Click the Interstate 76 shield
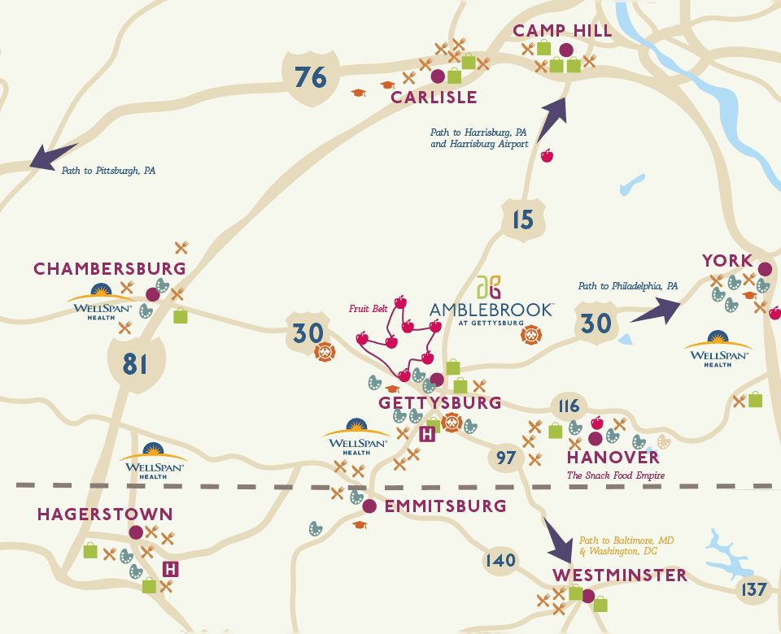(x=310, y=78)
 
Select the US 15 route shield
(x=523, y=219)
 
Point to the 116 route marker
(x=569, y=406)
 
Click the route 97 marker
(x=506, y=458)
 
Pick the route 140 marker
(x=500, y=560)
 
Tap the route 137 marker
(x=754, y=588)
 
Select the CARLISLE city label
(x=434, y=98)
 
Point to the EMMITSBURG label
(x=445, y=506)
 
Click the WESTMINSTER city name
(x=620, y=575)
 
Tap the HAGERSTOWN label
(x=105, y=514)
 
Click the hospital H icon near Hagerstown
(x=171, y=569)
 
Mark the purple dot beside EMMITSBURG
(x=369, y=506)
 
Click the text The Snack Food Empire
(x=616, y=475)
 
